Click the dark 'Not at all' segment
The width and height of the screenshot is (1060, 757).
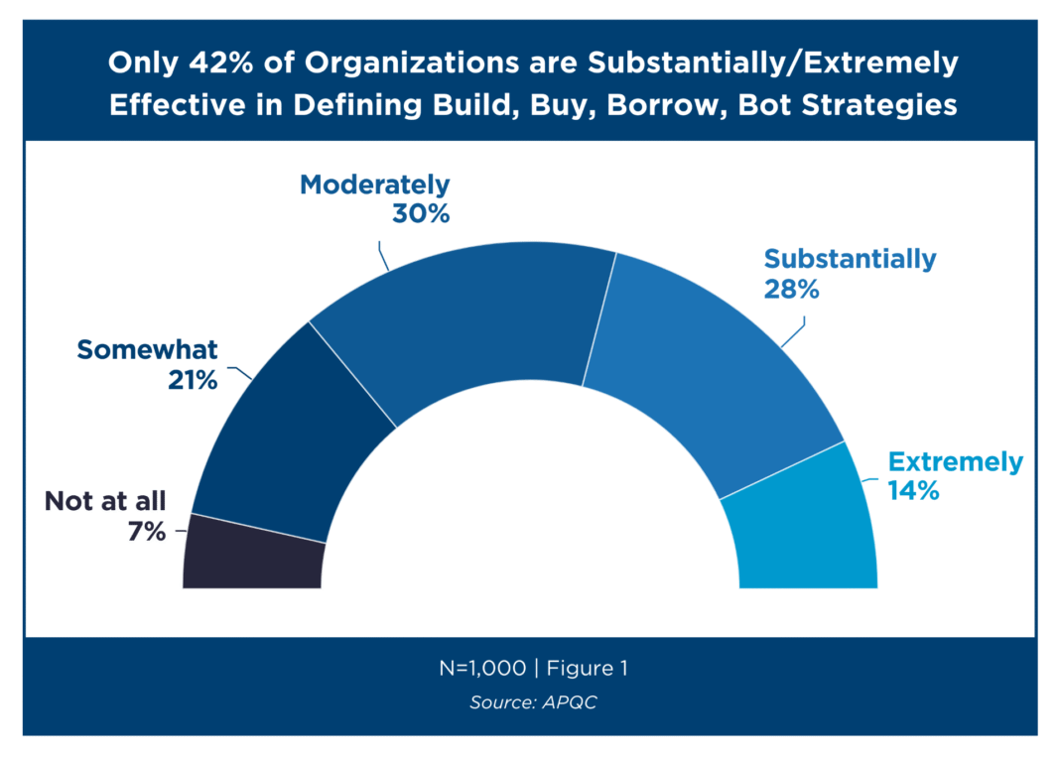(x=254, y=553)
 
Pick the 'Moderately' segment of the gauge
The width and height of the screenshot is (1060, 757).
(x=457, y=317)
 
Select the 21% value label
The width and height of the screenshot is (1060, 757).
(x=192, y=379)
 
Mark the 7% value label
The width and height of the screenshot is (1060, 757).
(x=146, y=531)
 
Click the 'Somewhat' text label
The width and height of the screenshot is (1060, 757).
(x=147, y=349)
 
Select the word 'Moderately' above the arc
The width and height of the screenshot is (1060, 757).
(x=374, y=185)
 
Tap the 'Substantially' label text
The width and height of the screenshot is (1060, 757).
(x=850, y=259)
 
